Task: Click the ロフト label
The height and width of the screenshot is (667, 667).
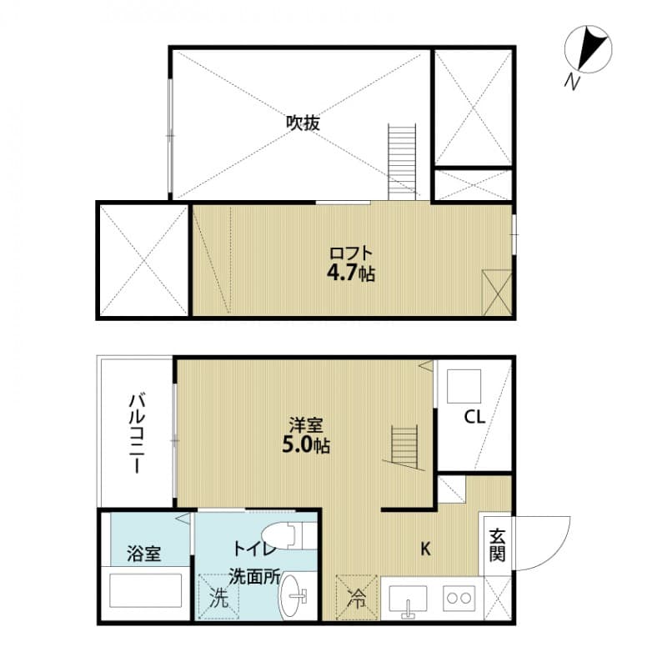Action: click(x=349, y=253)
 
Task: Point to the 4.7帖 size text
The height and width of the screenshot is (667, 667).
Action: click(x=350, y=273)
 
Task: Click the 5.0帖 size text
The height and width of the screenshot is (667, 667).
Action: click(x=305, y=445)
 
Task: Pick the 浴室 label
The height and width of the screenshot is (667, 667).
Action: click(x=144, y=552)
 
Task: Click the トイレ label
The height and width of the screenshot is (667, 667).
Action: click(x=252, y=549)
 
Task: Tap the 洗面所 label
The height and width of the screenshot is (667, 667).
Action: click(x=255, y=576)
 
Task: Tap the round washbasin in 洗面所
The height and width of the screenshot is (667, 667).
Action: click(x=296, y=598)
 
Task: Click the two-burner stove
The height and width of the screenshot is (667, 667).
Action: click(x=459, y=597)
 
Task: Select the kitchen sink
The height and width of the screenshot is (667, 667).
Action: click(x=409, y=599)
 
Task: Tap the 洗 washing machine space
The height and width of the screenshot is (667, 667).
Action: click(x=218, y=597)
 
